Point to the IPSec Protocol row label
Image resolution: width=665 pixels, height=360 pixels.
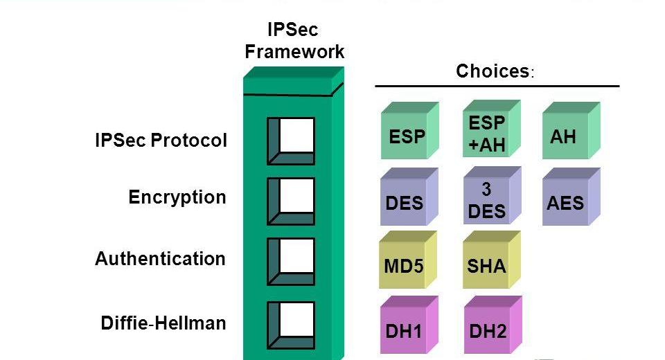click(161, 141)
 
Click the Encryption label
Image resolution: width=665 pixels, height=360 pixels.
click(177, 197)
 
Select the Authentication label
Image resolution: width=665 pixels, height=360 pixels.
click(161, 259)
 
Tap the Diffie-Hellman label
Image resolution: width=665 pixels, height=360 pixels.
click(163, 323)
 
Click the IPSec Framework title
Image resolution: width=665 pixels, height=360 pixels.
click(294, 40)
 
